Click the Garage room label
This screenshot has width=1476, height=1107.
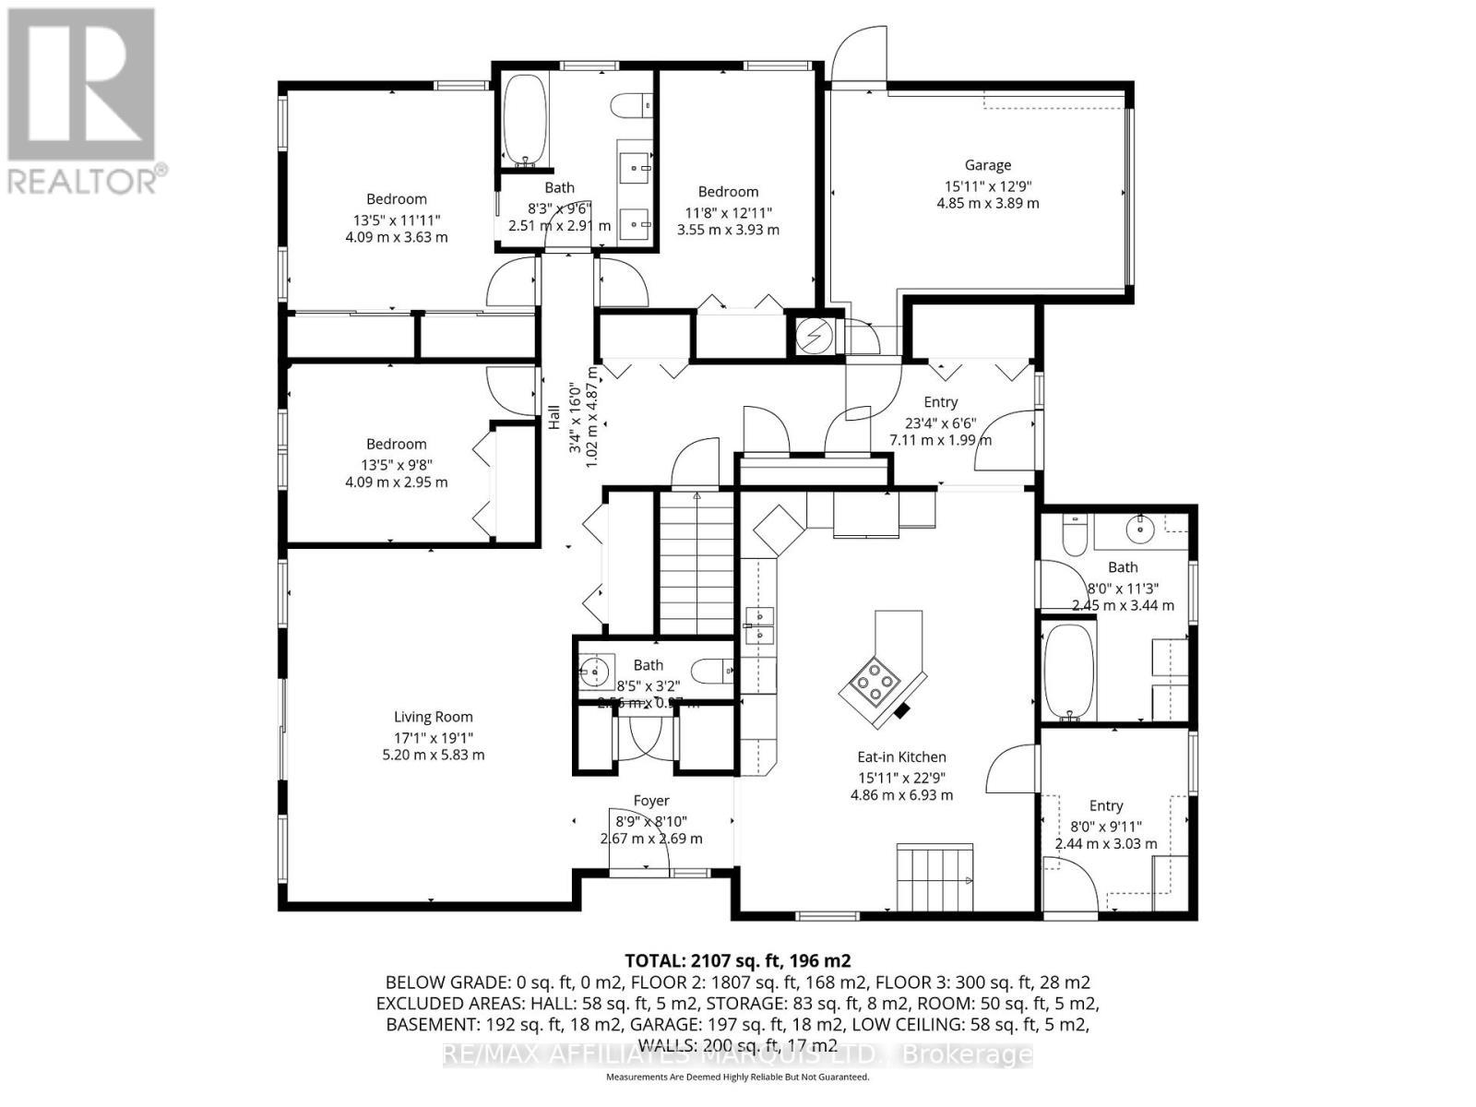click(987, 165)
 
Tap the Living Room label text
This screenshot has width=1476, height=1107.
click(433, 717)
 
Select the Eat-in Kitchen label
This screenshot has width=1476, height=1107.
click(901, 757)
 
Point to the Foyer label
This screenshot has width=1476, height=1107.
click(650, 801)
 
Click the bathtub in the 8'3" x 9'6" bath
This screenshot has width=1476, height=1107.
click(525, 121)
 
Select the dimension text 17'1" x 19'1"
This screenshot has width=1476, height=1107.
click(433, 737)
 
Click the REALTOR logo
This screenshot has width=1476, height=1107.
click(83, 101)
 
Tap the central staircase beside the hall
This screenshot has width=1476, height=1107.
click(696, 564)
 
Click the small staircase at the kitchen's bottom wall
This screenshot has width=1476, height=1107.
click(934, 877)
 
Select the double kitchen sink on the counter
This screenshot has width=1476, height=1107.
click(759, 625)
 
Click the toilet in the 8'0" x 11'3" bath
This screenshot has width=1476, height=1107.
click(1074, 535)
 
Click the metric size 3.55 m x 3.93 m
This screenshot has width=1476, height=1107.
click(728, 229)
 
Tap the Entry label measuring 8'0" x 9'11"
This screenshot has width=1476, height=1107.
click(1105, 805)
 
